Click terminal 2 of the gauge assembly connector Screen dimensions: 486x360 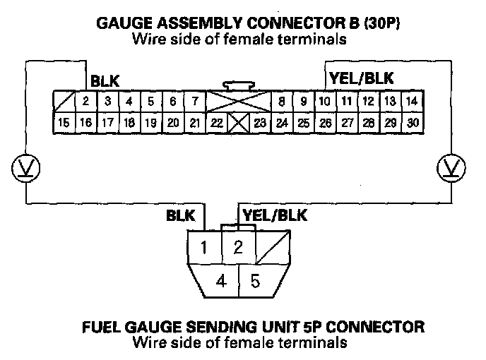pyautogui.click(x=85, y=101)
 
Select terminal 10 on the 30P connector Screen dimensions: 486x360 pyautogui.click(x=325, y=101)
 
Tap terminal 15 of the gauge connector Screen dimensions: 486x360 pyautogui.click(x=64, y=123)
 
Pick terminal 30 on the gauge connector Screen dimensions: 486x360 pyautogui.click(x=413, y=123)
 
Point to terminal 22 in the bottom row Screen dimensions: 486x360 pyautogui.click(x=217, y=123)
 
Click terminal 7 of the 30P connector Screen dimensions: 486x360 pyautogui.click(x=194, y=101)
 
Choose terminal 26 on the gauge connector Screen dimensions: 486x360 pyautogui.click(x=325, y=123)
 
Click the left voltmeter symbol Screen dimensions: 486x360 pyautogui.click(x=26, y=168)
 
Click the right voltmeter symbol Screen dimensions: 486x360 pyautogui.click(x=448, y=168)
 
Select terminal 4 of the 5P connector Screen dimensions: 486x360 pyautogui.click(x=221, y=281)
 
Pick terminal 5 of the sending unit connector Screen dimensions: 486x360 pyautogui.click(x=255, y=281)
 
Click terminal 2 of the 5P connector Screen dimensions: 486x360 pyautogui.click(x=238, y=248)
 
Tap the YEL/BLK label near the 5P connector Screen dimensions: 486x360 pyautogui.click(x=275, y=216)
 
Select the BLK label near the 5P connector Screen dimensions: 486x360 pyautogui.click(x=180, y=216)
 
